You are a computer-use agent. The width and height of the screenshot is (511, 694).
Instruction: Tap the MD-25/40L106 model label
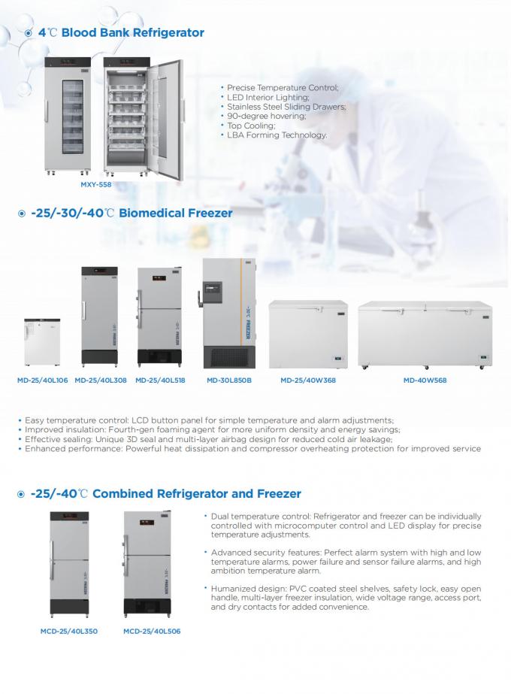[42, 380]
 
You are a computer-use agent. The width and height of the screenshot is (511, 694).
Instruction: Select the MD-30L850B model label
[229, 380]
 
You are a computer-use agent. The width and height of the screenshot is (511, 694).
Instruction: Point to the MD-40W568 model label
[425, 380]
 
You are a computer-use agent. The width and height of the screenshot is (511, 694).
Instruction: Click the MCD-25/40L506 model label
[152, 631]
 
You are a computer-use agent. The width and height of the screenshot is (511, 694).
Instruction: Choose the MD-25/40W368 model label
[308, 380]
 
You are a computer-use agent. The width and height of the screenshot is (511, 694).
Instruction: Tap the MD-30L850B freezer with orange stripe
[229, 314]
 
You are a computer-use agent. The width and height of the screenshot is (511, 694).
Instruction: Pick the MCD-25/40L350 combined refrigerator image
[68, 564]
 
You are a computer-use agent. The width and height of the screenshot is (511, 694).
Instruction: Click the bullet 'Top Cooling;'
[251, 126]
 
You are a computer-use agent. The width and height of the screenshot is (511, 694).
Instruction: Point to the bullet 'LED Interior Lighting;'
[268, 98]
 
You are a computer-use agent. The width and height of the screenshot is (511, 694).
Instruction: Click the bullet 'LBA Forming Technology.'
[277, 135]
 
